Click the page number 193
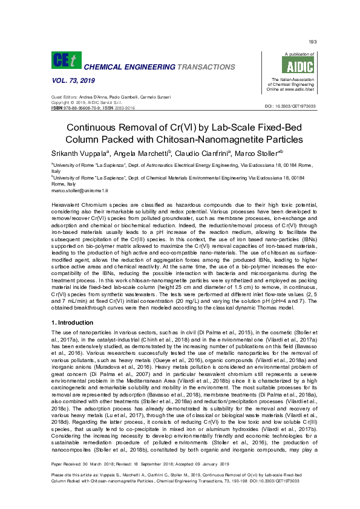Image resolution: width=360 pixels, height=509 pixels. pyautogui.click(x=312, y=42)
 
